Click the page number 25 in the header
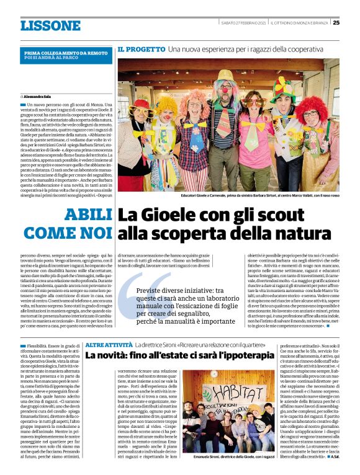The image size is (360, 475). coord(336,23)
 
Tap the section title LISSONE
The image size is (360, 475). coord(50,26)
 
